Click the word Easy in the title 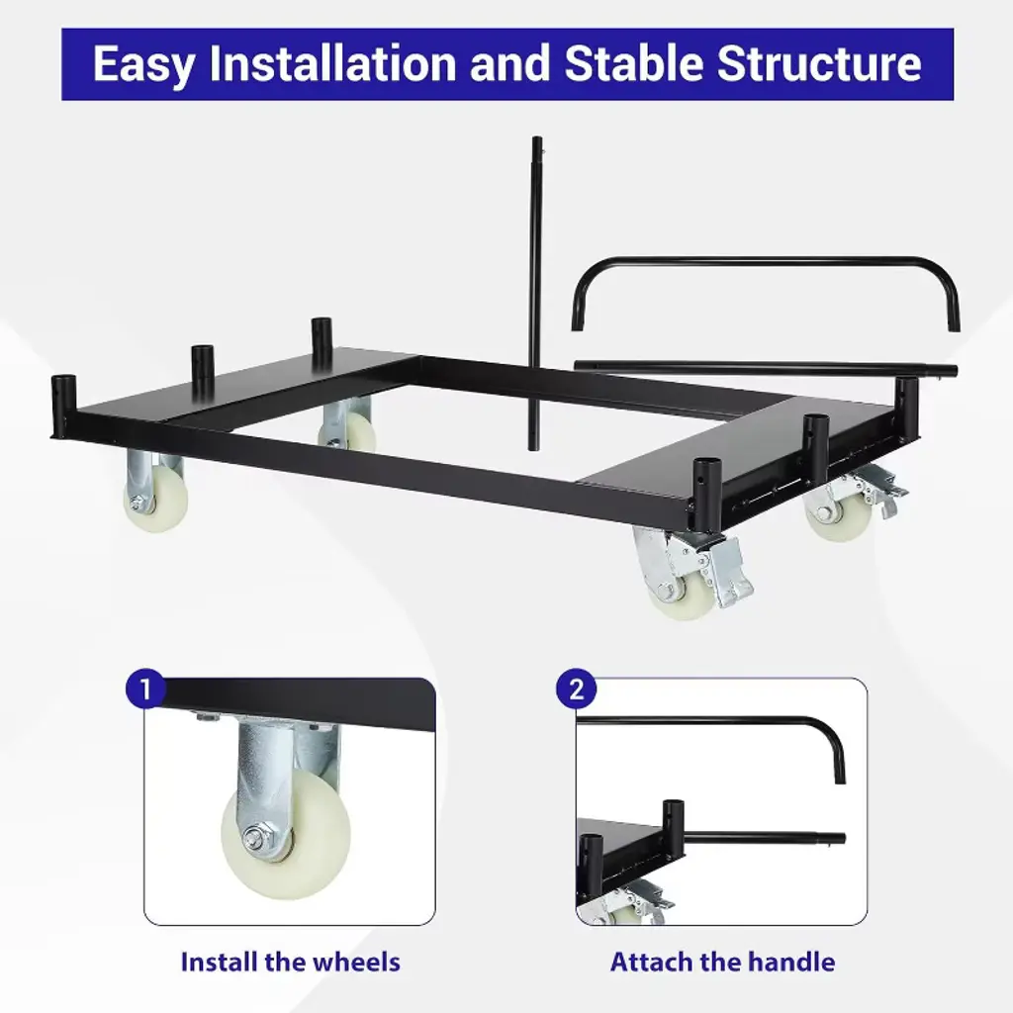tap(143, 64)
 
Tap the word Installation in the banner tap(332, 63)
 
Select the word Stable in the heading tap(634, 63)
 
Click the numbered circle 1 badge tap(145, 689)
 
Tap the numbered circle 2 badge tap(576, 689)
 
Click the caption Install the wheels tap(290, 962)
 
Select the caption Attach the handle tap(722, 962)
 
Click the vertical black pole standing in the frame tap(535, 294)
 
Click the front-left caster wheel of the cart tap(155, 499)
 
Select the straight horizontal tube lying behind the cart tap(766, 369)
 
